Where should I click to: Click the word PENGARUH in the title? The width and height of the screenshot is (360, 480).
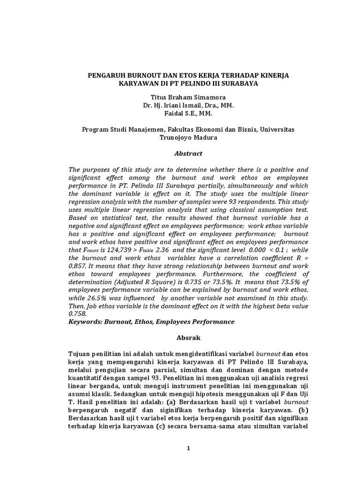tap(107, 75)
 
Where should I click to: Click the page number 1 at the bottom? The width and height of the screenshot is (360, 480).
tap(188, 448)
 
